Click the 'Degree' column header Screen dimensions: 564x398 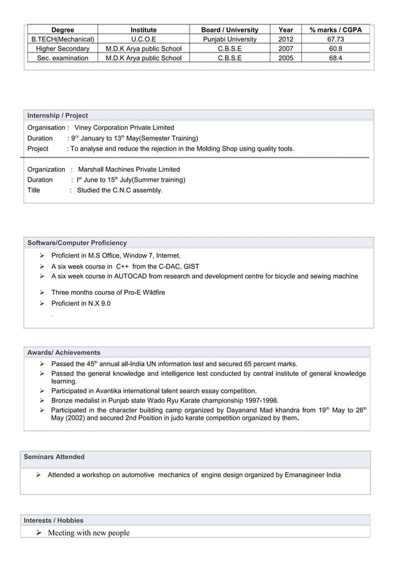pyautogui.click(x=62, y=29)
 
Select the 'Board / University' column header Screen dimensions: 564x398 pyautogui.click(x=230, y=29)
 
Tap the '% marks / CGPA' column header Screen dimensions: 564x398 pyautogui.click(x=336, y=29)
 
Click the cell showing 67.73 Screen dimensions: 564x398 pyautogui.click(x=336, y=39)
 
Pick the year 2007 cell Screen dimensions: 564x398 pyautogui.click(x=286, y=49)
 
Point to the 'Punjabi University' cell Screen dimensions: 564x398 pyautogui.click(x=230, y=39)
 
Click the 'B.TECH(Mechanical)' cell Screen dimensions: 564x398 pyautogui.click(x=62, y=39)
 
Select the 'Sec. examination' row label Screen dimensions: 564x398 pyautogui.click(x=62, y=58)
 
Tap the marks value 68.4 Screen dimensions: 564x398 pyautogui.click(x=336, y=58)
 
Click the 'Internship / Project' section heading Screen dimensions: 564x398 pyautogui.click(x=57, y=116)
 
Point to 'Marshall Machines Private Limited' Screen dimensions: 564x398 pyautogui.click(x=129, y=169)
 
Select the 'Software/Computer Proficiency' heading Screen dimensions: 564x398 pyautogui.click(x=77, y=243)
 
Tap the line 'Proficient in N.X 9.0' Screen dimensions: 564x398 pyautogui.click(x=81, y=304)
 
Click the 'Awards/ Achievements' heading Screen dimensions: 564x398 pyautogui.click(x=64, y=352)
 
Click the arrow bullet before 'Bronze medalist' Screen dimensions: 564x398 pyautogui.click(x=42, y=401)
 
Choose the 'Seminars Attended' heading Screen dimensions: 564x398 pyautogui.click(x=54, y=457)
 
